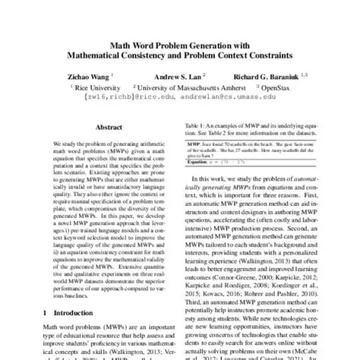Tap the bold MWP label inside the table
[194, 141]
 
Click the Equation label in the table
[201, 161]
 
